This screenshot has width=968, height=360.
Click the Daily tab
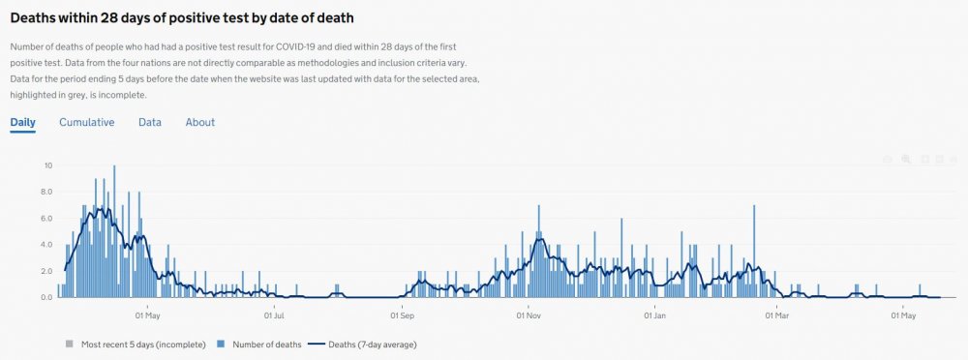tap(22, 123)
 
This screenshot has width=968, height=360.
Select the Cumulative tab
tap(87, 123)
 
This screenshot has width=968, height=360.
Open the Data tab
tap(150, 123)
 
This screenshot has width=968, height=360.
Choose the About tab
tap(200, 123)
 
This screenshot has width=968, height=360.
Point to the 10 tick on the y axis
tap(47, 165)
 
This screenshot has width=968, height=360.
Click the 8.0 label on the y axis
tap(45, 192)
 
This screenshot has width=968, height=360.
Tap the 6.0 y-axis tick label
tap(45, 219)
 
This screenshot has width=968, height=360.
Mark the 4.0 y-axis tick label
tap(45, 245)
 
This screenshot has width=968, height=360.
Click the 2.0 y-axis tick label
tap(45, 271)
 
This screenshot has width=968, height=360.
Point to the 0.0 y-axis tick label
tap(45, 297)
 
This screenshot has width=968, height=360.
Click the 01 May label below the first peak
tap(147, 315)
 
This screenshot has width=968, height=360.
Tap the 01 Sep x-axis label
tap(403, 315)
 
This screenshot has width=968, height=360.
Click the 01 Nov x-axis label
tap(529, 315)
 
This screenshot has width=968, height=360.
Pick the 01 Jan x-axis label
tap(655, 315)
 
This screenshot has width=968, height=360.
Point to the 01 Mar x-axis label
tap(777, 315)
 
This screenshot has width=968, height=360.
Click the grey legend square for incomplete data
tap(69, 344)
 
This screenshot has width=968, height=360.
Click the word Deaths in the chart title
tap(38, 16)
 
